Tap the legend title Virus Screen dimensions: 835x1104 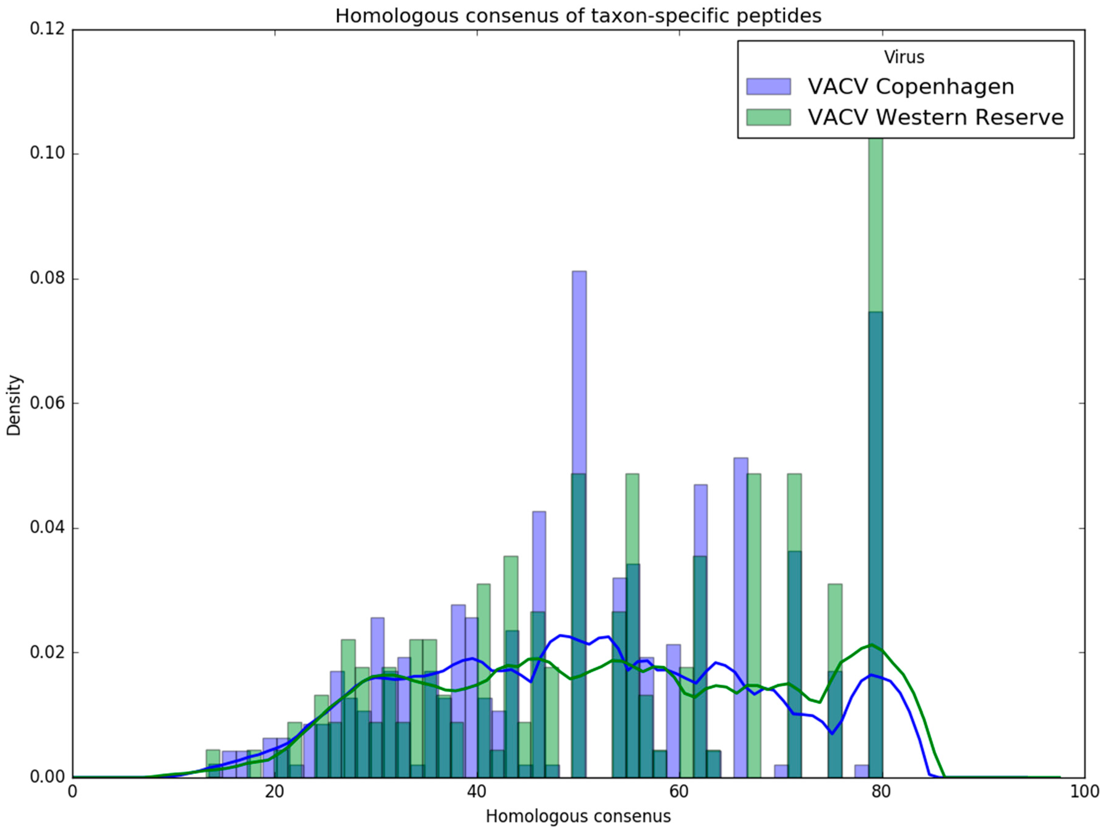click(904, 57)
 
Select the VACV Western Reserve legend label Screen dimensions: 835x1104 click(936, 117)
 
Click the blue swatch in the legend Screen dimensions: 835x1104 click(768, 86)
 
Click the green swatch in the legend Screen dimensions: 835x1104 click(768, 117)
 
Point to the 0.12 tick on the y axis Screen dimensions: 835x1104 click(48, 29)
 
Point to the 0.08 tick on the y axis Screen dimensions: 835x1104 click(48, 278)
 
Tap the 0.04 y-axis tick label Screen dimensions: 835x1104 click(48, 528)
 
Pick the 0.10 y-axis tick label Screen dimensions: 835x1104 click(48, 154)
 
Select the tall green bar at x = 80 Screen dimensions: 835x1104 click(875, 225)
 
